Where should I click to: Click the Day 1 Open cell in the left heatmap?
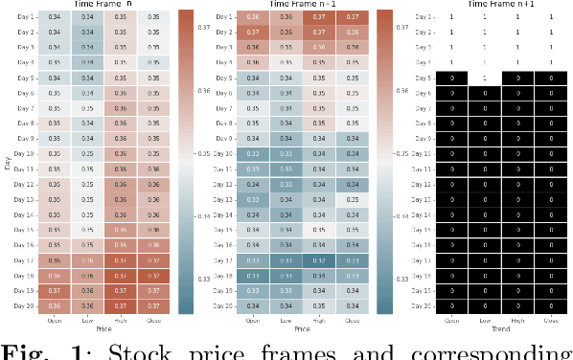coord(57,16)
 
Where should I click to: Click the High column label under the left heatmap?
coord(119,320)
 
